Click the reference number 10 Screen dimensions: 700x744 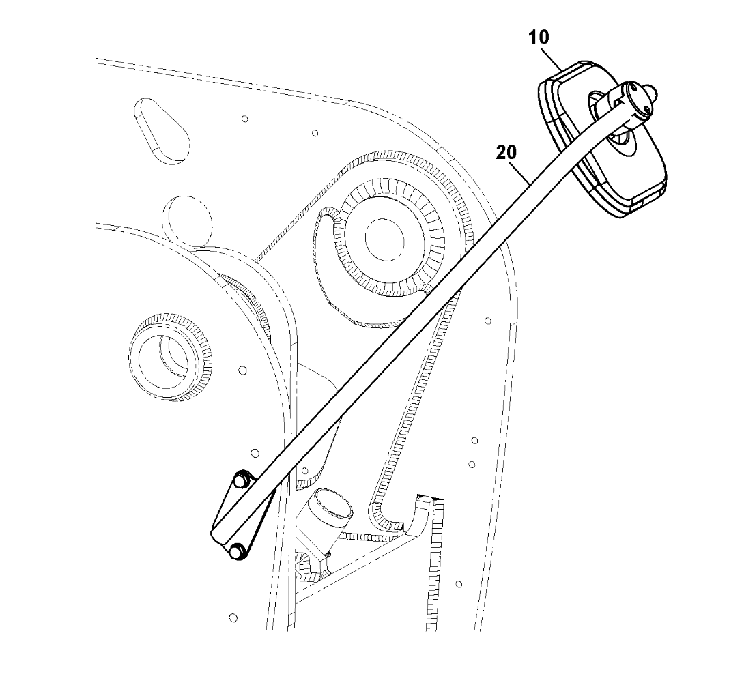(539, 38)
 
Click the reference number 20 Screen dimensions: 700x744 (506, 154)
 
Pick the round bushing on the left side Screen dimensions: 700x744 (169, 355)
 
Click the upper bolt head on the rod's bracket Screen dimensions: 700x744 (239, 482)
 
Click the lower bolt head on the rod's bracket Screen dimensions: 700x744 (238, 552)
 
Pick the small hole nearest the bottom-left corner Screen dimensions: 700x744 (233, 617)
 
